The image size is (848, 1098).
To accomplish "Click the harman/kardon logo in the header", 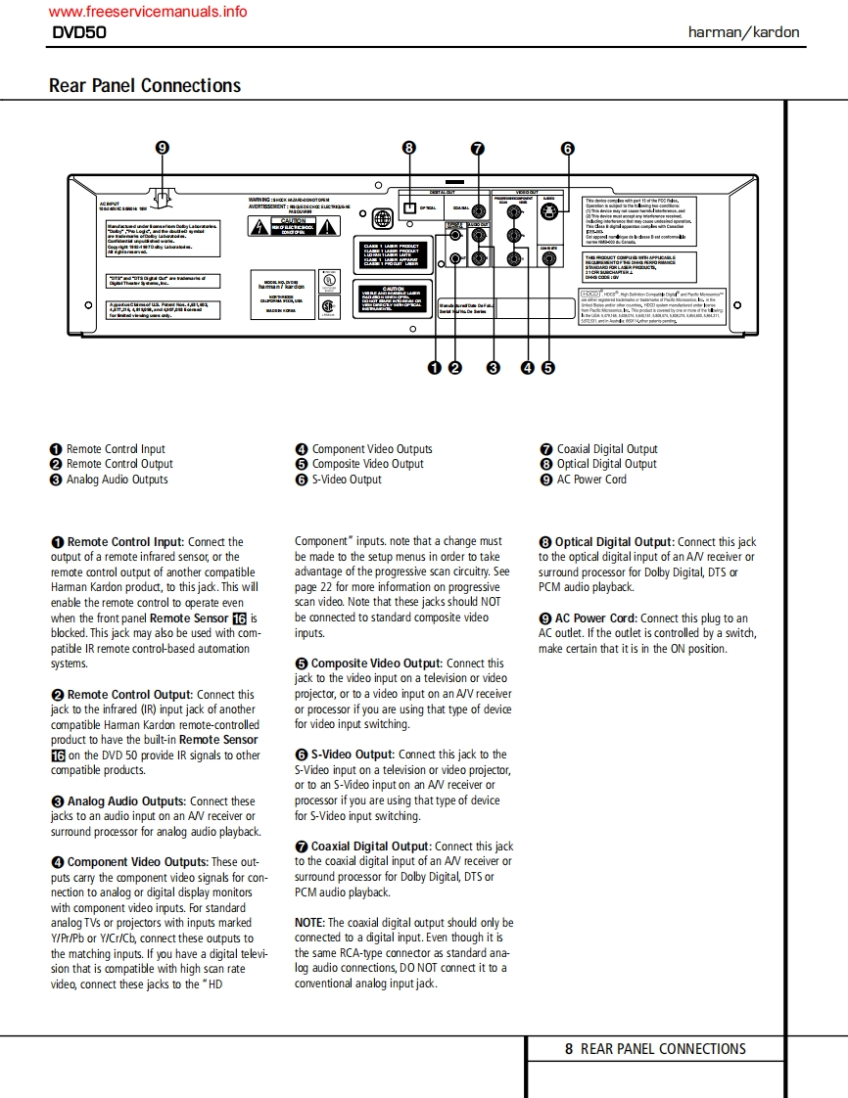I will point(743,32).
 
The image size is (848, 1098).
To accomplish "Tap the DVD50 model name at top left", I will point(79,32).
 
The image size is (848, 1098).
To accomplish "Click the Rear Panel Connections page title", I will point(145,85).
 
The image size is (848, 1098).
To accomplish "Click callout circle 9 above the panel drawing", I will point(163,149).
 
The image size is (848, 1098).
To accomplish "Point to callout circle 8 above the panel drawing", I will point(409,149).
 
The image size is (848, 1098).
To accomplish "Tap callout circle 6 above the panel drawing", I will point(567,149).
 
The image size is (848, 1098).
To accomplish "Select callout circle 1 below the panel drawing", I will point(434,368).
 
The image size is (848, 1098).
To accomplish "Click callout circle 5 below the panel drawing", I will point(547,368).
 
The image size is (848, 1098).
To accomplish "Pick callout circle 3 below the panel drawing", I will point(494,368).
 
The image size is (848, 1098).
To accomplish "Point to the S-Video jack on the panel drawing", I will point(549,208).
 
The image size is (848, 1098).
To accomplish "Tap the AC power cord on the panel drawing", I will point(163,195).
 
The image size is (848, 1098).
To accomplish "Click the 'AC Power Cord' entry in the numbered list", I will point(591,480).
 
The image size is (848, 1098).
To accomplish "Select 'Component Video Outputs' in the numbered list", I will point(371,449).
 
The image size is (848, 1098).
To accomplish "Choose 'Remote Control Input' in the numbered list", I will point(116,449).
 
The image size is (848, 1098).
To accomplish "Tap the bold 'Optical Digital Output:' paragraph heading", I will point(614,542).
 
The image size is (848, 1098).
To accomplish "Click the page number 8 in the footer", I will point(569,1049).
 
